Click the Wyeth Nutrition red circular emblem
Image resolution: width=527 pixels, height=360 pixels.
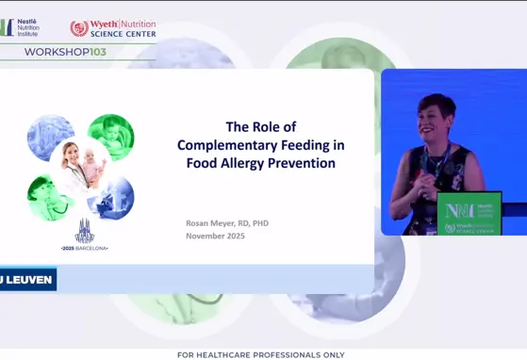[x=79, y=28]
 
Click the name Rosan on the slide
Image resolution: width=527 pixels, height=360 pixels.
[x=201, y=222]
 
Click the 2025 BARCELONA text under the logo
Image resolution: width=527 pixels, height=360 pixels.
[x=85, y=248]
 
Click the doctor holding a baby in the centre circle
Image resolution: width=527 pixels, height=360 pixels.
[x=81, y=164]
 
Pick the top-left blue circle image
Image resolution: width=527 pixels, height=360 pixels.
[x=51, y=138]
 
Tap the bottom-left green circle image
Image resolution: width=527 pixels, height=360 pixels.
[x=50, y=197]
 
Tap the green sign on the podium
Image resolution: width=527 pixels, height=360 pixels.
[x=469, y=213]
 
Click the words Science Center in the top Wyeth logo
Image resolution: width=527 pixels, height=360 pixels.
[x=124, y=34]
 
